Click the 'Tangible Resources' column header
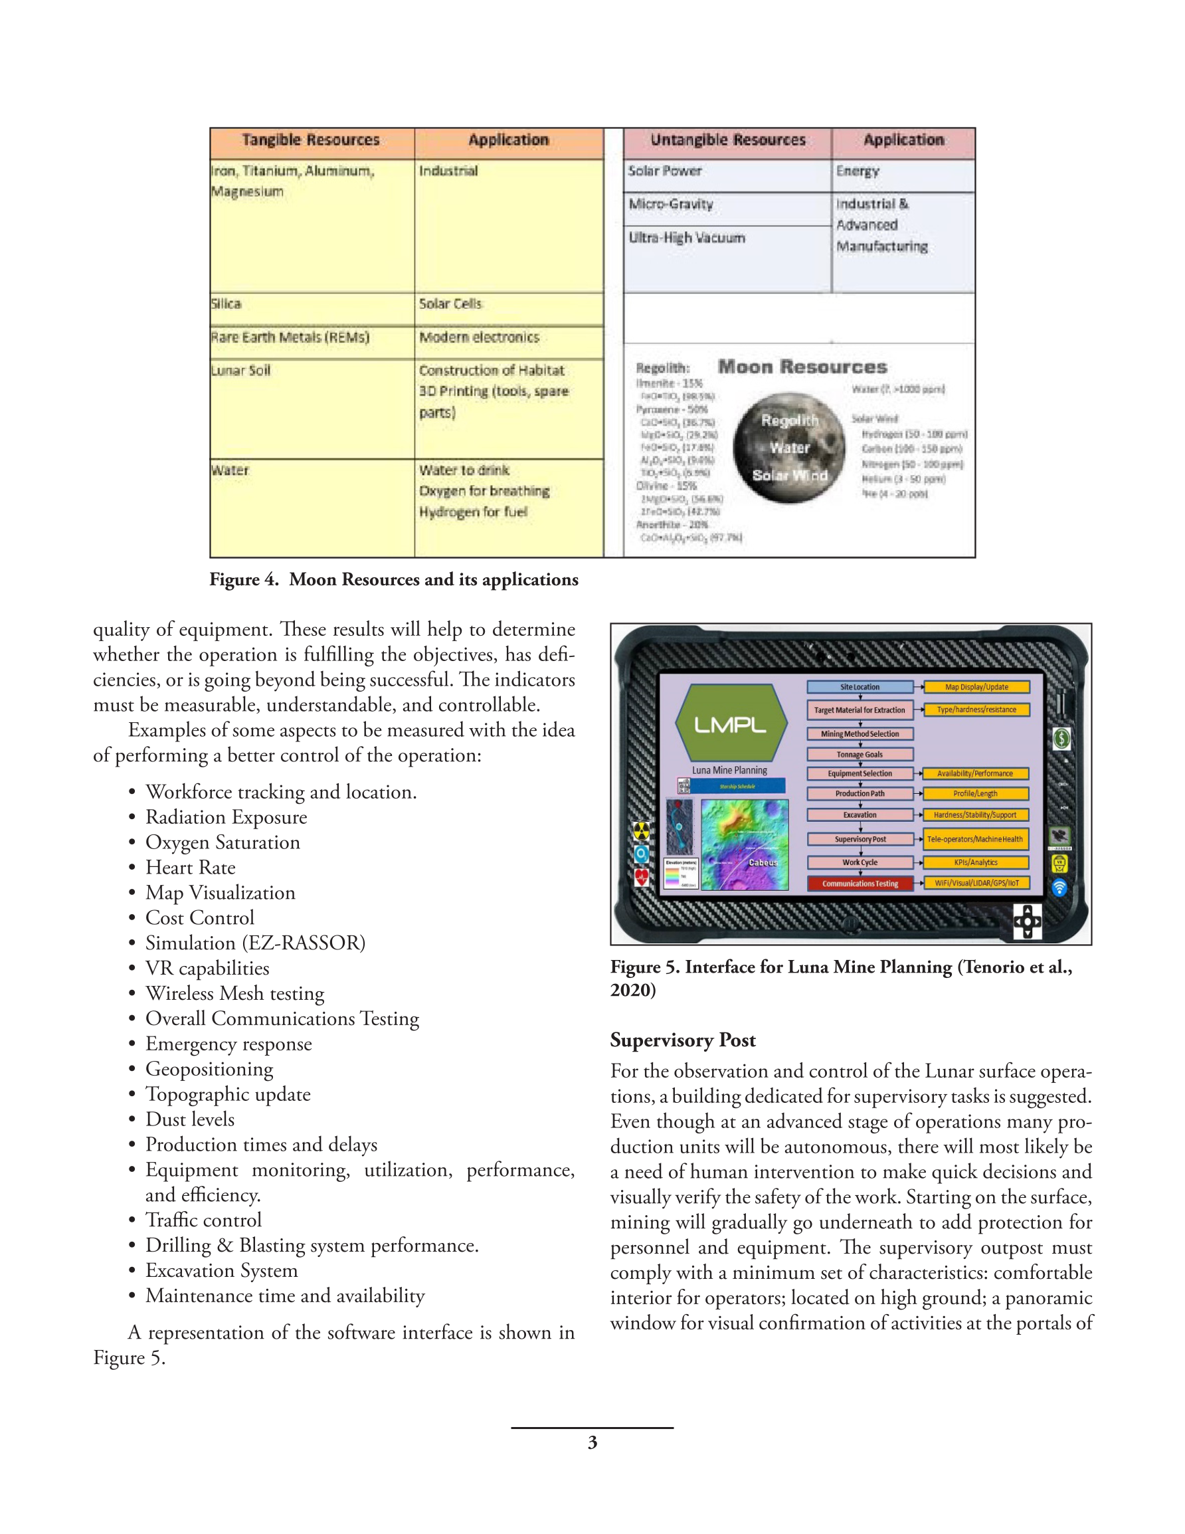310,140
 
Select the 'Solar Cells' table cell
450,304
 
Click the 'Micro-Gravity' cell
671,205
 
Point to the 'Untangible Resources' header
728,140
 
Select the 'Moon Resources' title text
802,367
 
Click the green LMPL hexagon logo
730,724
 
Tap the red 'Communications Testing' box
860,884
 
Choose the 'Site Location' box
860,687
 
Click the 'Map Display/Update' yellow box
976,687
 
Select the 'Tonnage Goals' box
860,754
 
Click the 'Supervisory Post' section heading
683,1040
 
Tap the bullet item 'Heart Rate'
191,868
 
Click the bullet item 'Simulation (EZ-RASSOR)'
255,943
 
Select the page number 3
592,1442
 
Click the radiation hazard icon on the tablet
641,831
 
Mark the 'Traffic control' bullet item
203,1220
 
